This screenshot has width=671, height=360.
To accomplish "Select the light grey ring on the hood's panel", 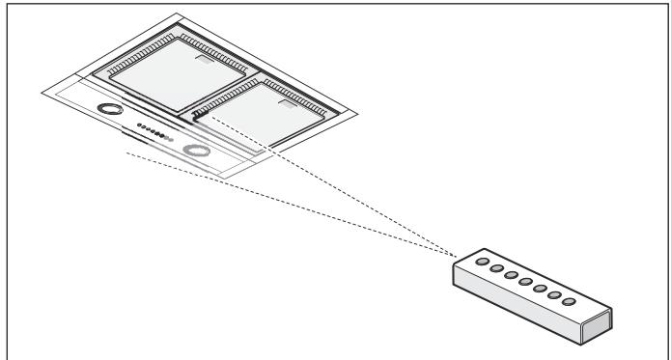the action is (x=198, y=151).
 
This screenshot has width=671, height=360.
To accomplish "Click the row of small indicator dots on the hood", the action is (x=154, y=132).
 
